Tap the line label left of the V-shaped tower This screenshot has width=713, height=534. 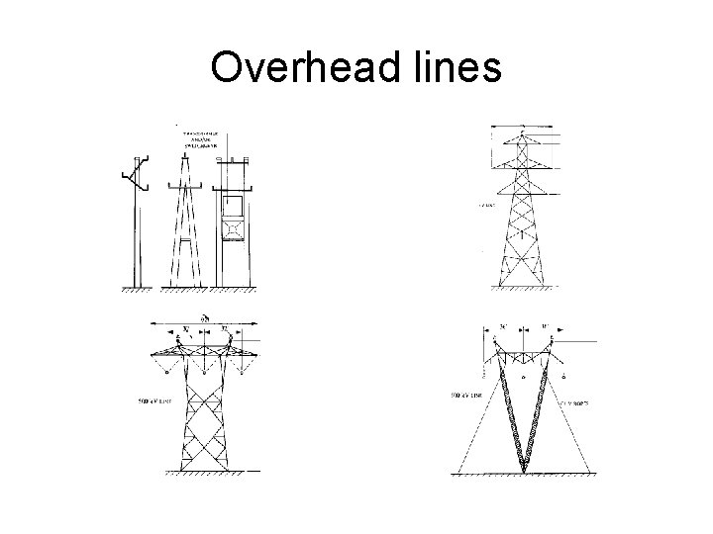click(x=467, y=396)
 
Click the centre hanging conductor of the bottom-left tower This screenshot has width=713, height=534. click(x=203, y=373)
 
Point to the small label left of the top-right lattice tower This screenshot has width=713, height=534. click(x=486, y=206)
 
